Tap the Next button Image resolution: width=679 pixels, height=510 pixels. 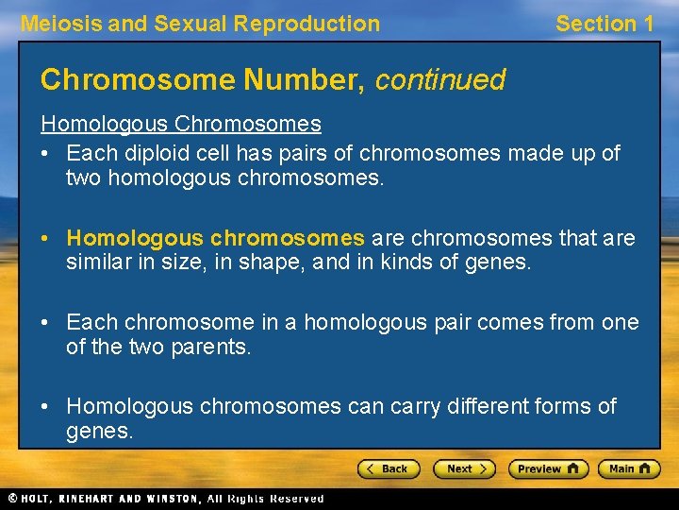pyautogui.click(x=464, y=468)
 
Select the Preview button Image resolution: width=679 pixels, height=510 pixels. pyautogui.click(x=548, y=468)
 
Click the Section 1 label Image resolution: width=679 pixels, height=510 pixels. pyautogui.click(x=604, y=24)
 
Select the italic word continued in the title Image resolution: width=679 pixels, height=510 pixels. pyautogui.click(x=440, y=80)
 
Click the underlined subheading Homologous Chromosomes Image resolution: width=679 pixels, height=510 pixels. pyautogui.click(x=180, y=124)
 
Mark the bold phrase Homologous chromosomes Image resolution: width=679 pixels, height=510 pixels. pyautogui.click(x=215, y=237)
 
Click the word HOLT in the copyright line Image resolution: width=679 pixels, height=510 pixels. pyautogui.click(x=38, y=498)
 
